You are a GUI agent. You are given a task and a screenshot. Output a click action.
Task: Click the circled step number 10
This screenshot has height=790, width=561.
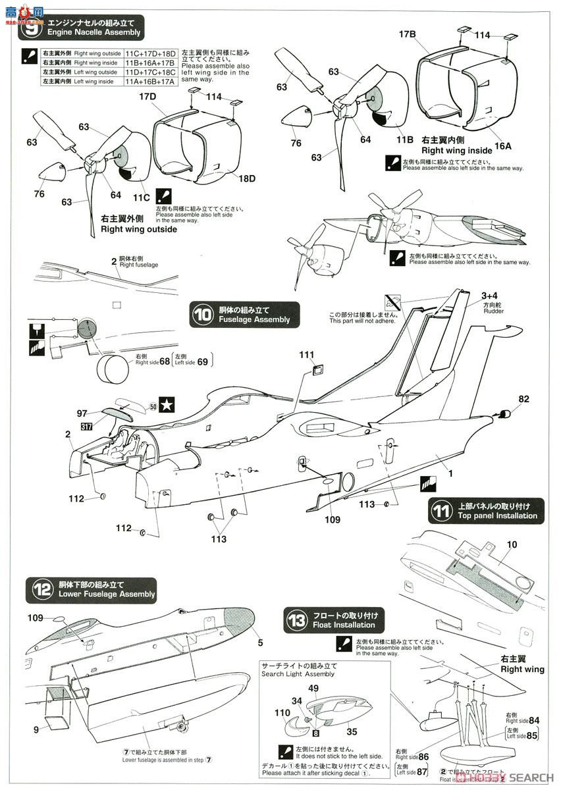[x=201, y=315]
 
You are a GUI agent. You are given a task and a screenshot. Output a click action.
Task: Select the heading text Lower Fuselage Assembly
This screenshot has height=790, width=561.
[x=107, y=594]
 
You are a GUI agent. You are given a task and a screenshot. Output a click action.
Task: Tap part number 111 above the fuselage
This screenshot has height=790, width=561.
[x=307, y=355]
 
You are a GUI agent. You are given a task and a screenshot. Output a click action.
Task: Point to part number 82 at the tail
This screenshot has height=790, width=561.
[x=523, y=399]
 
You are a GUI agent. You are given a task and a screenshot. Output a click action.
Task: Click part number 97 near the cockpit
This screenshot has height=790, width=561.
[x=82, y=413]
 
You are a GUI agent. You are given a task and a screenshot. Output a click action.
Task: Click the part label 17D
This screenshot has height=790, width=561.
[x=147, y=97]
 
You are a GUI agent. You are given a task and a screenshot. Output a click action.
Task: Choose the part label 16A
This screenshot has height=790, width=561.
[x=503, y=146]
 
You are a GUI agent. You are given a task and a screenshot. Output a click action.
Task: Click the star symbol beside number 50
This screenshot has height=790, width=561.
[x=168, y=406]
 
